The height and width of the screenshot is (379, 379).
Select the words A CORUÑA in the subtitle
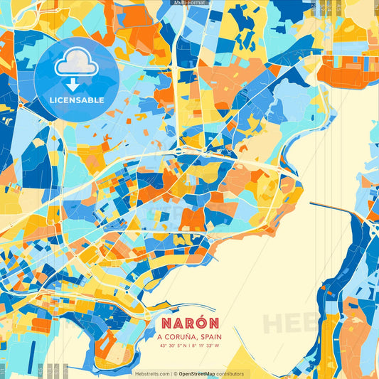(176, 338)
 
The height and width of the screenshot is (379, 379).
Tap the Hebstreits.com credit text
(151, 373)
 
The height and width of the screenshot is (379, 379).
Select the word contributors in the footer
(230, 373)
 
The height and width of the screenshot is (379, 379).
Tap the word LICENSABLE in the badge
(76, 100)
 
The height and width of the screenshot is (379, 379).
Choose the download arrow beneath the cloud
(73, 85)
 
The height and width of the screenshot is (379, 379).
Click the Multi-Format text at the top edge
(188, 3)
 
